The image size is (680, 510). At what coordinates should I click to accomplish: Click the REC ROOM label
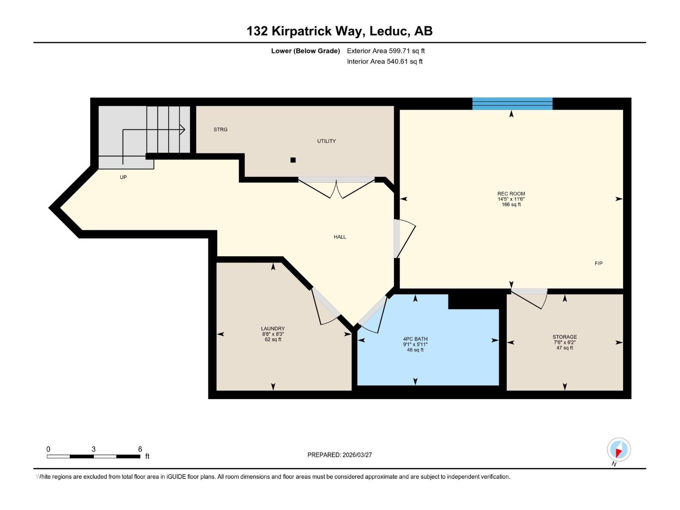click(511, 194)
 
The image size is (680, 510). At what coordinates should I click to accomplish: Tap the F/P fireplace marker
click(598, 263)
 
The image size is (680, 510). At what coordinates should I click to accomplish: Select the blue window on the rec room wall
click(512, 104)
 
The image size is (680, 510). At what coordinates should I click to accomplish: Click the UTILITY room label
click(326, 141)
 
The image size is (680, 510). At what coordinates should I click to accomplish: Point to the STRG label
click(220, 130)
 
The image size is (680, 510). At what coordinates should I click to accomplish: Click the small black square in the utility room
click(293, 160)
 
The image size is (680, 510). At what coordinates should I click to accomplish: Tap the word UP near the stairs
click(123, 177)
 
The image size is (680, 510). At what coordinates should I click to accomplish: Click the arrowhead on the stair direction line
click(182, 129)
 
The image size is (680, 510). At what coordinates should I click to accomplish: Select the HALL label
click(340, 237)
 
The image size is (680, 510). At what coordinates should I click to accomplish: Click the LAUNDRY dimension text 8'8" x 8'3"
click(273, 334)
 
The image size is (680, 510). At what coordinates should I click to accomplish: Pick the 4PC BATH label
click(415, 339)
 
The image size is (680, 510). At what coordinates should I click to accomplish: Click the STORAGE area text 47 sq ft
click(564, 348)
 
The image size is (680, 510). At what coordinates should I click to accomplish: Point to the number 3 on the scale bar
click(93, 449)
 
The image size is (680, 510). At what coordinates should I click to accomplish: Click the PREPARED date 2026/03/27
click(357, 455)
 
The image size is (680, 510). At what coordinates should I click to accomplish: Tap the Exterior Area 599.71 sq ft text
click(385, 51)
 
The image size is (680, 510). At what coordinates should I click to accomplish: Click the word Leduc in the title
click(389, 31)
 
